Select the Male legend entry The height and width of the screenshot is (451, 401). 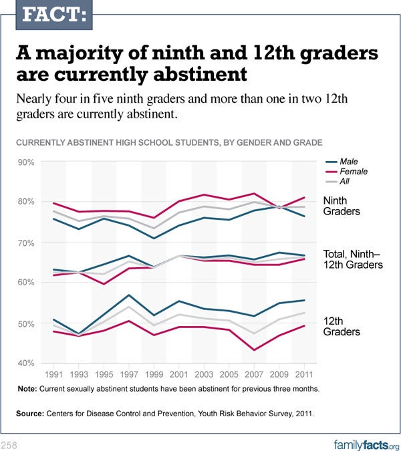(348, 162)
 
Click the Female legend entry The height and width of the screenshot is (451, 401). (353, 172)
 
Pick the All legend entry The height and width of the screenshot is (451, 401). (346, 182)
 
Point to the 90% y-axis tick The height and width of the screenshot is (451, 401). (26, 162)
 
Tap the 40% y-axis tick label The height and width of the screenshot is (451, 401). (26, 363)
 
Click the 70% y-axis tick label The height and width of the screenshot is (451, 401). (26, 243)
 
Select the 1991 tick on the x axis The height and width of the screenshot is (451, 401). (53, 374)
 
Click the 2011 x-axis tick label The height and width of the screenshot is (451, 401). (303, 374)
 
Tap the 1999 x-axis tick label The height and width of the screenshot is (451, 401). (154, 374)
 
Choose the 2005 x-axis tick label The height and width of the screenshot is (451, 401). (229, 374)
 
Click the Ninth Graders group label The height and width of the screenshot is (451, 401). (342, 206)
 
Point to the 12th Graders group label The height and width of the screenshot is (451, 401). (342, 326)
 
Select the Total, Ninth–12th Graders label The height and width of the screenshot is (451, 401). (352, 259)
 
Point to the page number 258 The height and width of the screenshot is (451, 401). (9, 444)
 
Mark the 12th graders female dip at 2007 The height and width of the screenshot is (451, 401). (253, 350)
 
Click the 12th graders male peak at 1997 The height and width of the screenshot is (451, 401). (128, 295)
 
